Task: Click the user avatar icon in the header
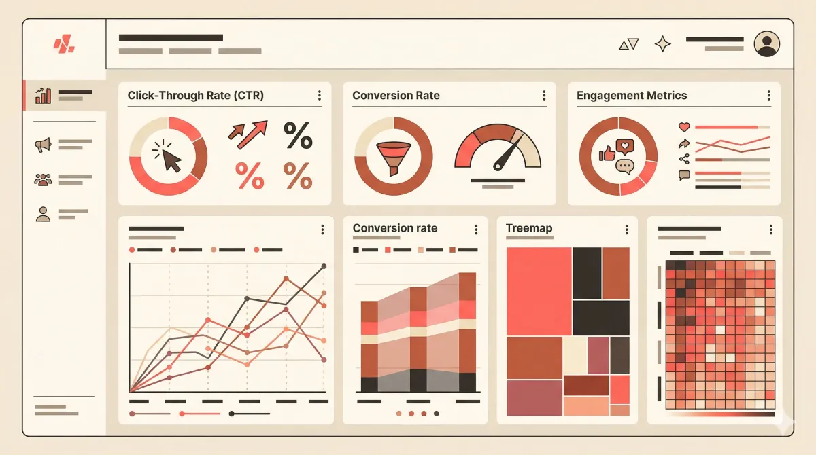pyautogui.click(x=767, y=44)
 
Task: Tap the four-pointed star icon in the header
pyautogui.click(x=662, y=44)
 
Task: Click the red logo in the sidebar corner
pyautogui.click(x=64, y=45)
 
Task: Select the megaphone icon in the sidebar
pyautogui.click(x=43, y=145)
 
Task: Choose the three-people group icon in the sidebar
pyautogui.click(x=43, y=180)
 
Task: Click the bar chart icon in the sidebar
pyautogui.click(x=43, y=95)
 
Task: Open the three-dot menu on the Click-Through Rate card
pyautogui.click(x=320, y=96)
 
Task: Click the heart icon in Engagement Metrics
pyautogui.click(x=684, y=127)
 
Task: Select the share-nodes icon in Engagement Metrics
pyautogui.click(x=684, y=160)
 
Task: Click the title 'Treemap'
pyautogui.click(x=529, y=228)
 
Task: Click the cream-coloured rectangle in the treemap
pyautogui.click(x=575, y=354)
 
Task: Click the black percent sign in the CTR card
pyautogui.click(x=298, y=135)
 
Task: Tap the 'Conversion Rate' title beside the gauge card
pyautogui.click(x=396, y=96)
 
